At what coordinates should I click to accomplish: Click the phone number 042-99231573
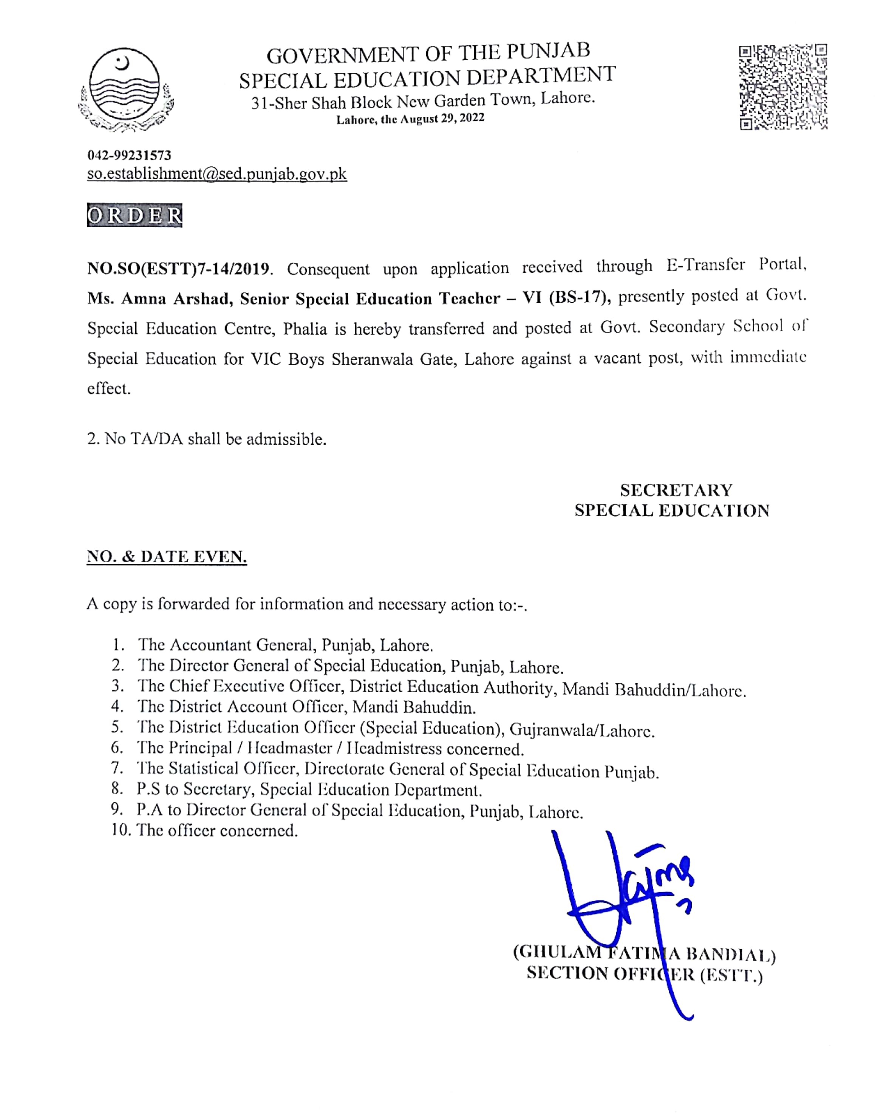pos(129,155)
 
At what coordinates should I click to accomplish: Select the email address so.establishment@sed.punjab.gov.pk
pos(217,174)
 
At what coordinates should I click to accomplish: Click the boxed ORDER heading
pos(134,216)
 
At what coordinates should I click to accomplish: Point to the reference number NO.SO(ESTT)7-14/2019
pos(178,269)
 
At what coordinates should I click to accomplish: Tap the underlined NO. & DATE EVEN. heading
pos(167,557)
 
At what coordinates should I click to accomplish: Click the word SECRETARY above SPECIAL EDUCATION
pos(676,490)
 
